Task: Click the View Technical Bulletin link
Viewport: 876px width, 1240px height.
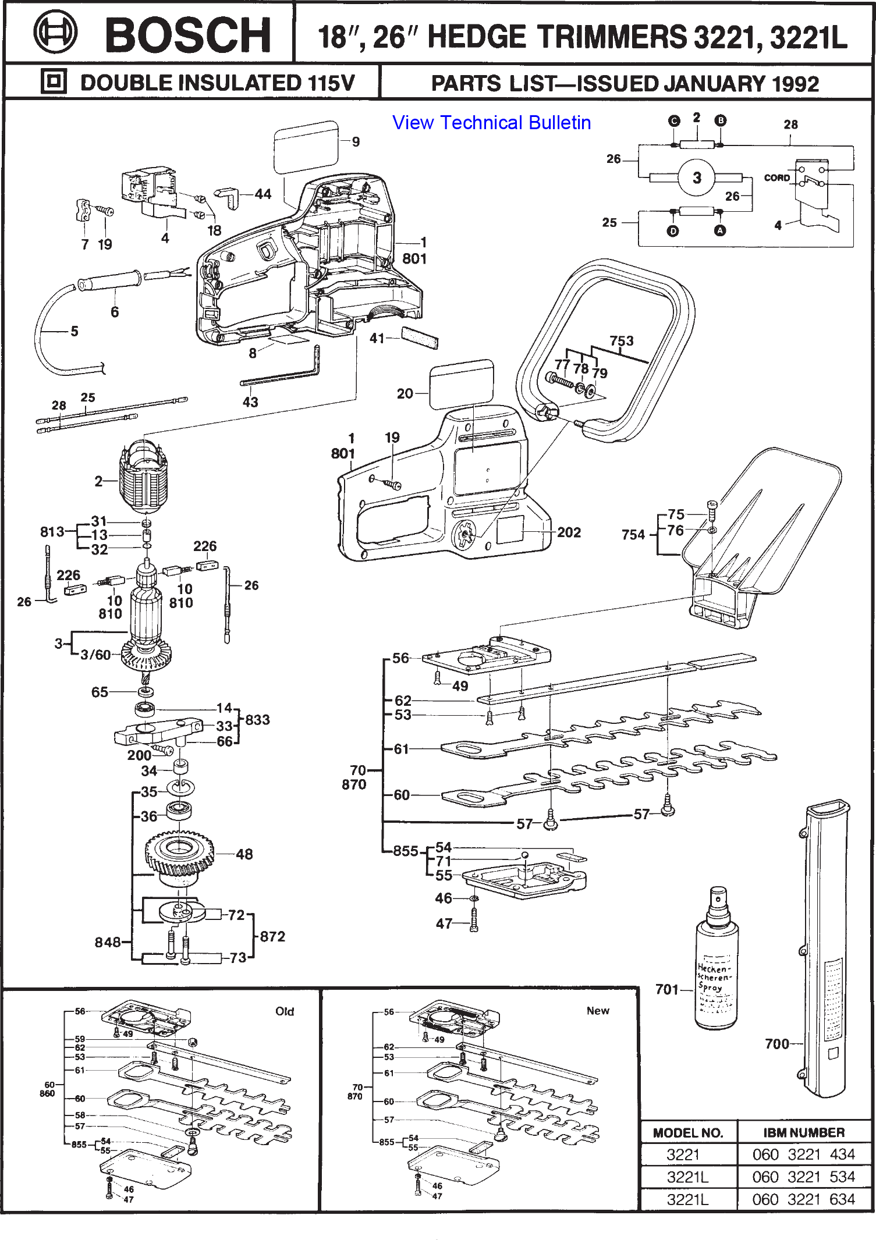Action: click(491, 123)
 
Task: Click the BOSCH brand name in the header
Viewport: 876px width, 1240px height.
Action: click(188, 35)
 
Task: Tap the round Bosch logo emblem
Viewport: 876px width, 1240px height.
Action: click(55, 33)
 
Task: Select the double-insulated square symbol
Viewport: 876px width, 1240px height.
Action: click(54, 81)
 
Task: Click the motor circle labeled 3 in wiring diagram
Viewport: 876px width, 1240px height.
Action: click(697, 178)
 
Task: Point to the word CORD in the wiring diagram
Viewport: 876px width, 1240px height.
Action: click(776, 178)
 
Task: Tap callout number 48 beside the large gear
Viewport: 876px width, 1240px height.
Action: click(244, 854)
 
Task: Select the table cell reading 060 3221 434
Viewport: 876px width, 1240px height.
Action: click(803, 1154)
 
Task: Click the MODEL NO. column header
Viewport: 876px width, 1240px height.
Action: click(688, 1133)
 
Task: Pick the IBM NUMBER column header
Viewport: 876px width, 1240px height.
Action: click(804, 1132)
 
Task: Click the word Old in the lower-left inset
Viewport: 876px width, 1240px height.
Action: click(285, 1011)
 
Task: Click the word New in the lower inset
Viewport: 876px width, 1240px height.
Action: click(598, 1011)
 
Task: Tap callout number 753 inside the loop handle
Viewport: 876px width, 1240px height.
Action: click(622, 341)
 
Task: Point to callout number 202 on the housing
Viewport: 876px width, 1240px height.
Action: click(569, 532)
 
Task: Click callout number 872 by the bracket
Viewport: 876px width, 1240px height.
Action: click(272, 937)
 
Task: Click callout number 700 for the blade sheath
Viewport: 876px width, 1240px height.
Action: click(777, 1044)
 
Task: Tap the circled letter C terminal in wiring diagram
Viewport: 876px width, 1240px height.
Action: click(674, 121)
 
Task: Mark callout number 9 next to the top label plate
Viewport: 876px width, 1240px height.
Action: click(356, 142)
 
